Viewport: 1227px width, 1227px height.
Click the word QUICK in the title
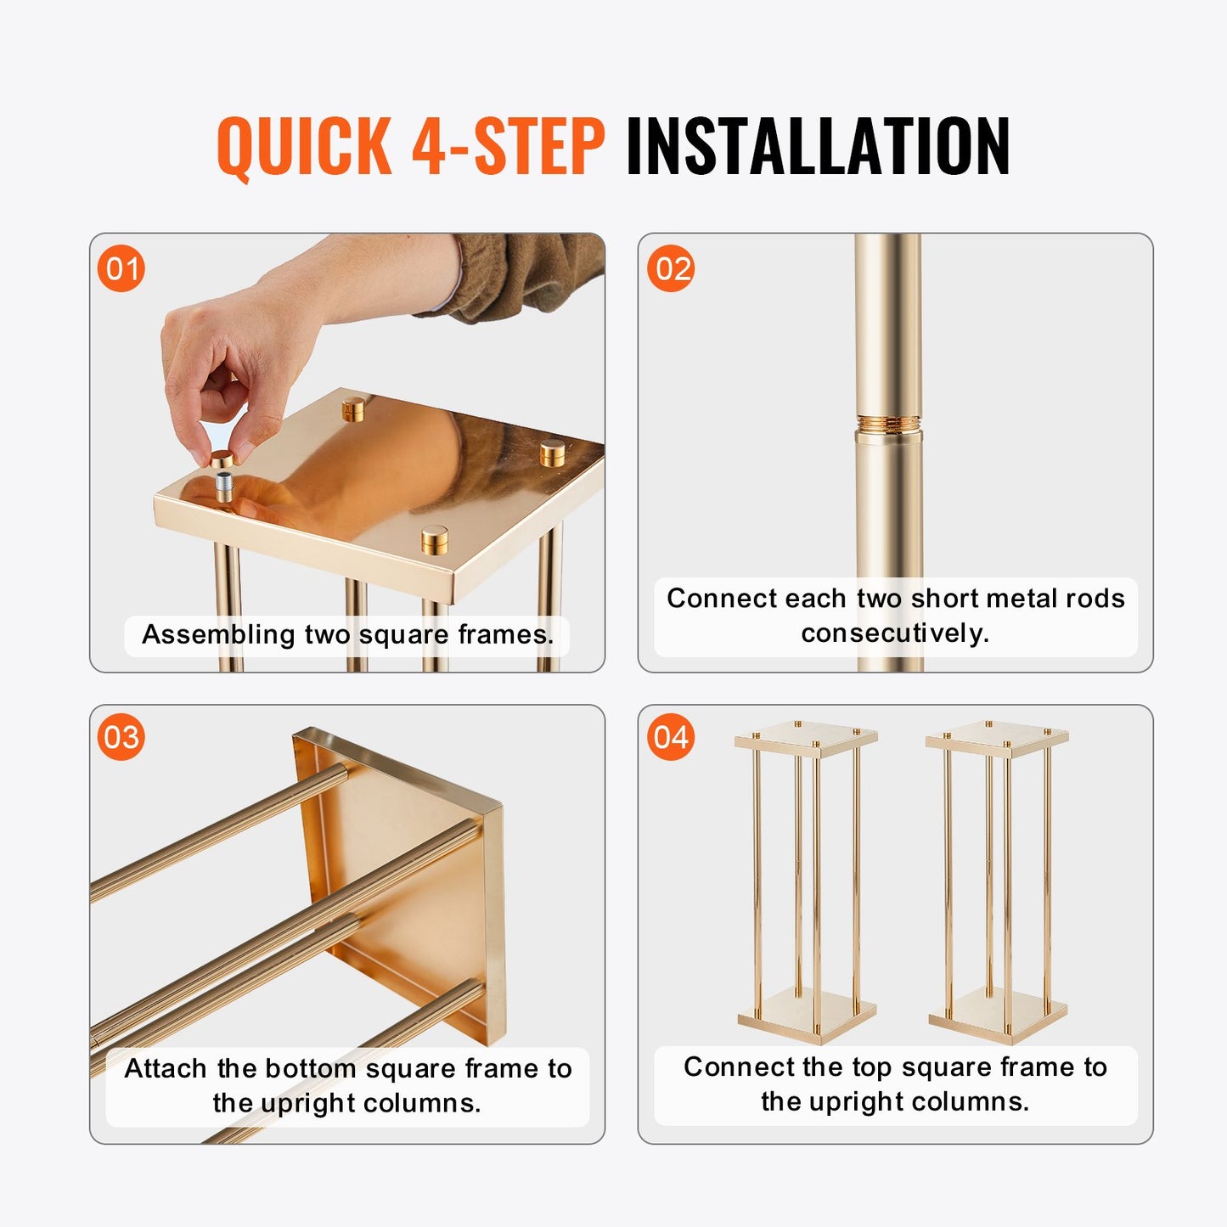click(x=304, y=146)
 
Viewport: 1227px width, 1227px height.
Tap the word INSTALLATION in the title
click(x=817, y=146)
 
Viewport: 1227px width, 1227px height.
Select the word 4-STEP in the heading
click(x=508, y=146)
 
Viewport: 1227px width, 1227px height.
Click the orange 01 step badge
click(x=121, y=269)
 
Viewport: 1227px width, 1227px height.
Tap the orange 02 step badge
click(x=671, y=269)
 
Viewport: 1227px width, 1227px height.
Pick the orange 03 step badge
click(x=121, y=737)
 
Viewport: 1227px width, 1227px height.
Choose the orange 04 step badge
click(x=671, y=737)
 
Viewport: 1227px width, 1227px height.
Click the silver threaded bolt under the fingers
click(x=224, y=487)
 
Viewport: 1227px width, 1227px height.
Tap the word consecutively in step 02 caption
click(x=895, y=633)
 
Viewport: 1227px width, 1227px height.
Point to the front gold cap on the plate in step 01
click(x=435, y=539)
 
